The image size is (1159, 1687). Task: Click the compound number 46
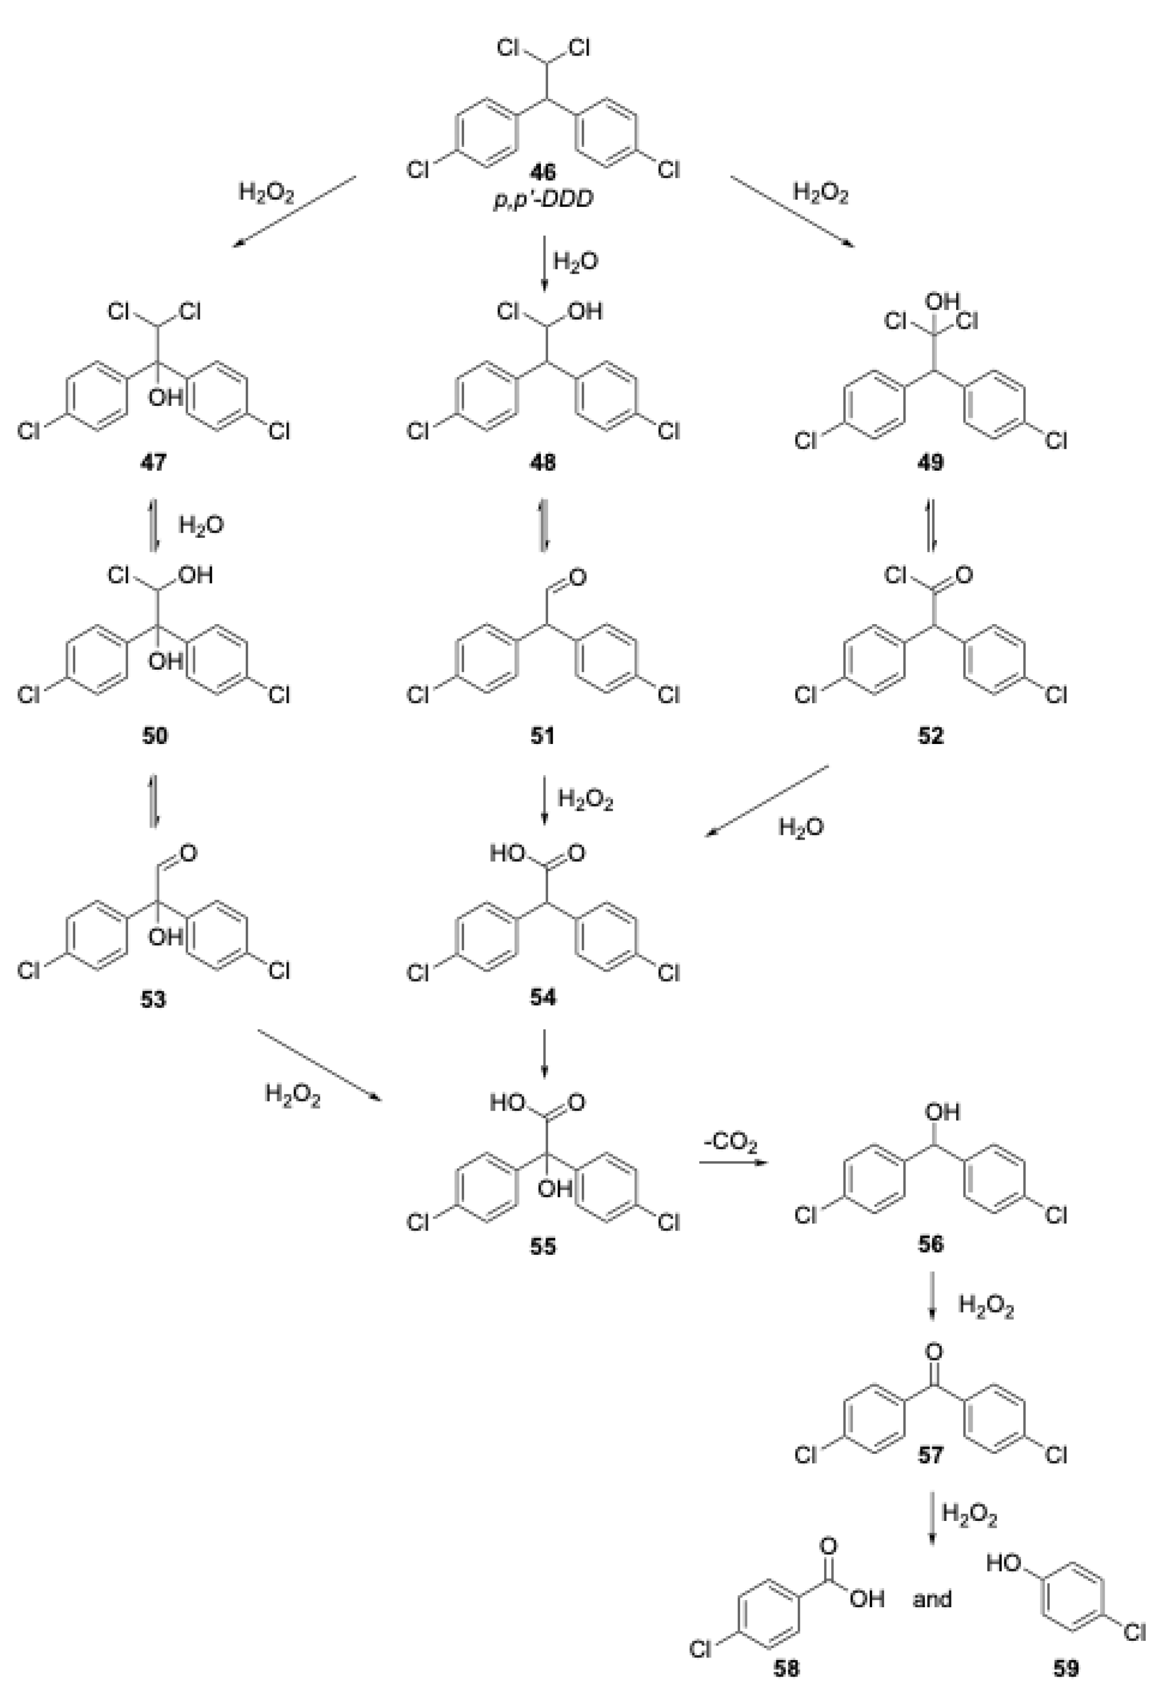click(x=543, y=172)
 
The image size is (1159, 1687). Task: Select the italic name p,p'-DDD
click(x=543, y=200)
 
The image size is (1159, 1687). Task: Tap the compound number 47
click(x=153, y=462)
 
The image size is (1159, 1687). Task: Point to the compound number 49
click(x=931, y=462)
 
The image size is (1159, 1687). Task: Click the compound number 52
click(x=931, y=736)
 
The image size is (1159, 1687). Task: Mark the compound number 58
click(x=786, y=1668)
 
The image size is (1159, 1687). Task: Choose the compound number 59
click(x=1066, y=1668)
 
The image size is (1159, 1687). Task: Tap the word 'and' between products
click(x=932, y=1598)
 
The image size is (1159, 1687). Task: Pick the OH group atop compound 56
click(x=942, y=1112)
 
